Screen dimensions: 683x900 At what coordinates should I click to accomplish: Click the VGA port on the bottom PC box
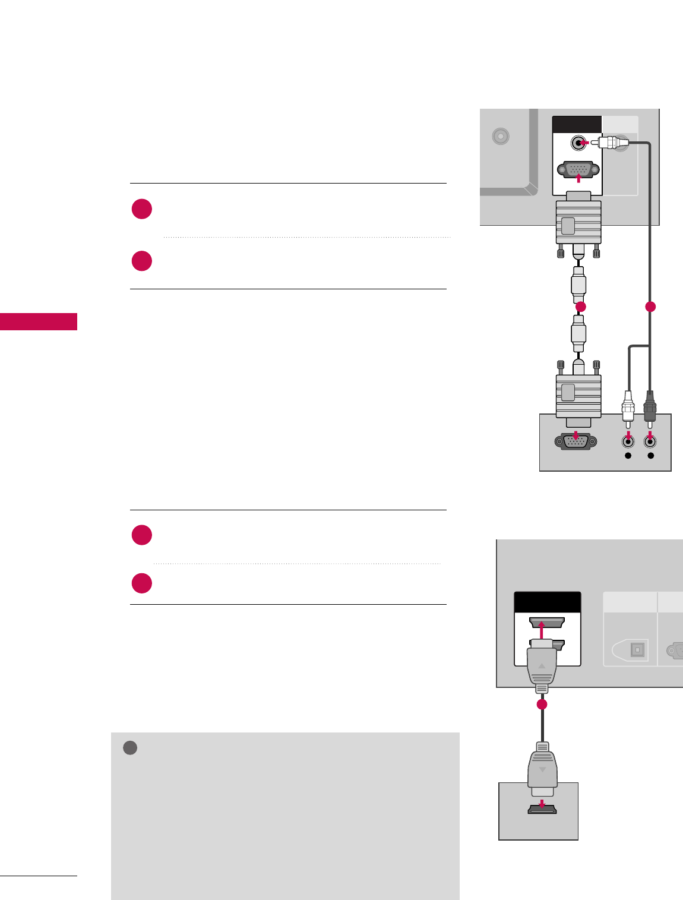575,441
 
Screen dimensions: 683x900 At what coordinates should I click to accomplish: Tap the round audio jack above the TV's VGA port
578,143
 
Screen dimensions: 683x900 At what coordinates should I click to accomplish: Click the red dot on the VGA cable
580,307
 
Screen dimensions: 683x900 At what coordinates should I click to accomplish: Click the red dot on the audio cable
650,307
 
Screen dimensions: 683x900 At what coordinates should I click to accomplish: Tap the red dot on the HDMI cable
542,705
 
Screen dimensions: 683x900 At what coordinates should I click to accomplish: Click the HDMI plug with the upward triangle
542,666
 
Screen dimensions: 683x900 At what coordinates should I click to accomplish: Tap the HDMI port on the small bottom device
542,809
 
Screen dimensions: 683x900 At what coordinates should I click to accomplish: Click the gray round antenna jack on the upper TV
501,137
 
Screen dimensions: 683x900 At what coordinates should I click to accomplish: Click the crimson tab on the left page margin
39,321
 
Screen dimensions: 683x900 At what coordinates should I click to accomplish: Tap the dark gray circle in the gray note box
130,748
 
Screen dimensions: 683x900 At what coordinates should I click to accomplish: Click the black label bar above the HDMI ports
547,602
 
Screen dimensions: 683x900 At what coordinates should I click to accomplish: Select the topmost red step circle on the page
142,209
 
